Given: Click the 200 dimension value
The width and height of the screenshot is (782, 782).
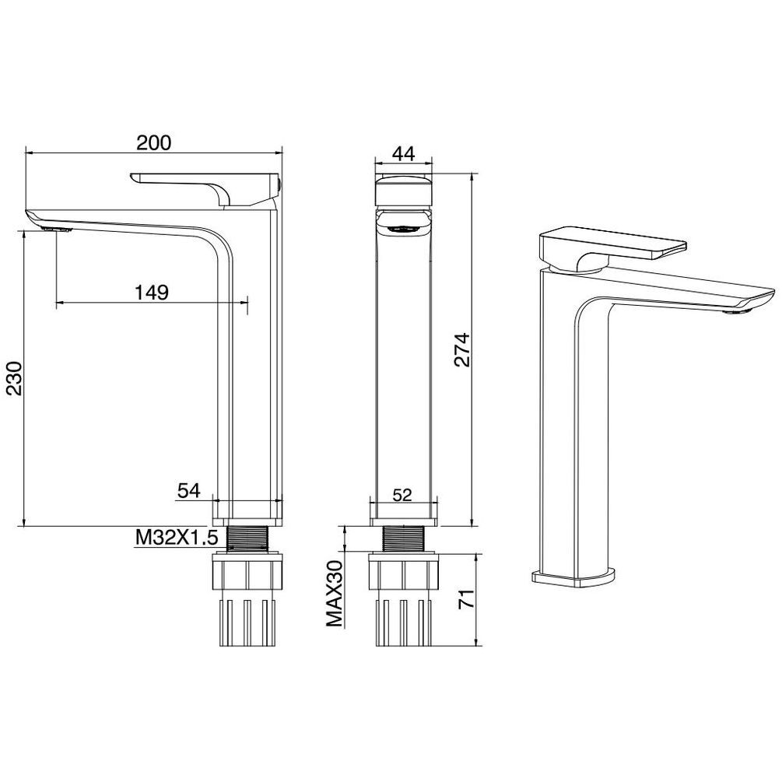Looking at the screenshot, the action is click(x=153, y=142).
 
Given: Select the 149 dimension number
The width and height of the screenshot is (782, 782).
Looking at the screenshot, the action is click(x=152, y=293).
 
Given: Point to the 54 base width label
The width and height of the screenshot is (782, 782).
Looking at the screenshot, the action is click(x=188, y=491).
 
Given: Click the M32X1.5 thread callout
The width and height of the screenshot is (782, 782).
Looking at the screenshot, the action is click(x=177, y=538).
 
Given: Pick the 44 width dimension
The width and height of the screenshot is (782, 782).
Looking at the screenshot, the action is click(x=403, y=154).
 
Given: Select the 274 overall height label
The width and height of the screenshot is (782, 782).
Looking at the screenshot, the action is click(x=462, y=349).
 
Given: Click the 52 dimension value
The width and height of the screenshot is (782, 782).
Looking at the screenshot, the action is click(x=402, y=495).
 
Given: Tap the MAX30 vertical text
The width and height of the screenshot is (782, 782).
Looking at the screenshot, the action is click(x=335, y=594).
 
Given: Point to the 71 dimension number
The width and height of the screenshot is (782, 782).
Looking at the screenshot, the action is click(x=466, y=598).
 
